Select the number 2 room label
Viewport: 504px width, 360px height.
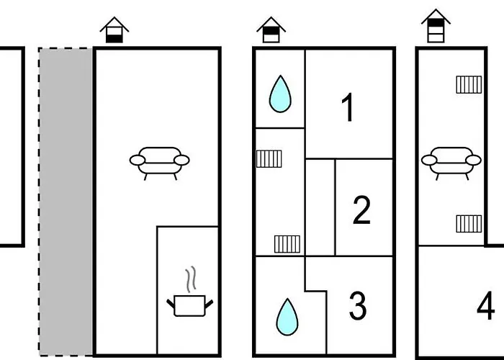(361, 210)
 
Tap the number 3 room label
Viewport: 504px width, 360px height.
(358, 307)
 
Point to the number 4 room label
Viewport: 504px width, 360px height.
(486, 307)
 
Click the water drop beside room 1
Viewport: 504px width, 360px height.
(279, 95)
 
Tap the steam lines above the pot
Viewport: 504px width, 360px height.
(190, 279)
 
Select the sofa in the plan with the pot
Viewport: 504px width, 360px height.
(160, 162)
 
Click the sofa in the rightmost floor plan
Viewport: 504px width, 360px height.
(451, 162)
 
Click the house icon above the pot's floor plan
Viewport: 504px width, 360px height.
(114, 30)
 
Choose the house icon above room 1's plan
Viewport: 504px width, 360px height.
(271, 30)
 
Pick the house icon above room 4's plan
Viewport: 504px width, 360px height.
(436, 27)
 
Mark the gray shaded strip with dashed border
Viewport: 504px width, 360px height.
(66, 202)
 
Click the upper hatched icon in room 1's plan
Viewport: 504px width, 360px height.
(269, 158)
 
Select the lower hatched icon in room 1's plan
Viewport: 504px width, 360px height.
(287, 243)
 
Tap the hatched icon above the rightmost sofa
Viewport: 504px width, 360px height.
(469, 85)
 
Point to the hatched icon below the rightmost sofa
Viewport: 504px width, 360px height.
(469, 223)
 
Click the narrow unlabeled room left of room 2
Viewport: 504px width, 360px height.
(320, 207)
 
